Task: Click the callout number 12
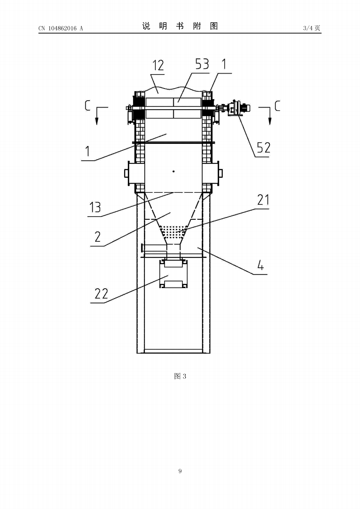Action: click(158, 66)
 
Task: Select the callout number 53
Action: click(202, 64)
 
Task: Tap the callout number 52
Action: click(264, 148)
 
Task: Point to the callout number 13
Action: click(95, 207)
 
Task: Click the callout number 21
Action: click(263, 200)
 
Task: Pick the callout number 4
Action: click(261, 265)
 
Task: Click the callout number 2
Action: click(98, 237)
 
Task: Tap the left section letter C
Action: click(87, 105)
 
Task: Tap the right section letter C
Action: click(277, 106)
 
